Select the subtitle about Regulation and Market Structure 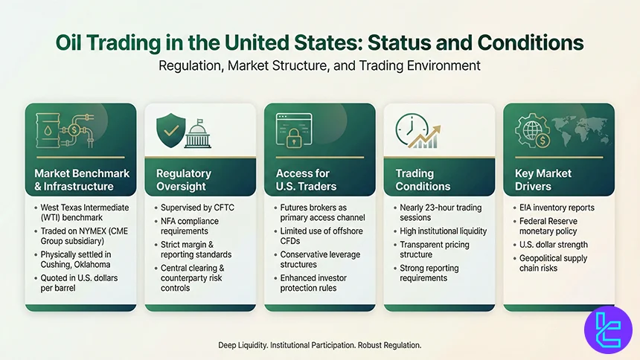coord(319,65)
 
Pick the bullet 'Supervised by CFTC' coord(197,207)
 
